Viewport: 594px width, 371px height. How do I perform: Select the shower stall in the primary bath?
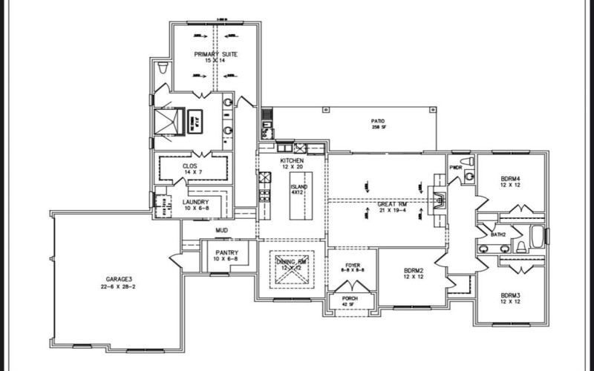(x=169, y=119)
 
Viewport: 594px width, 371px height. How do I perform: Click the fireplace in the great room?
(x=438, y=197)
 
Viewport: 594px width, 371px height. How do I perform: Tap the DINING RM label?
(x=292, y=265)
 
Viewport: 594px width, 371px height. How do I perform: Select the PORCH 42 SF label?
(x=349, y=301)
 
